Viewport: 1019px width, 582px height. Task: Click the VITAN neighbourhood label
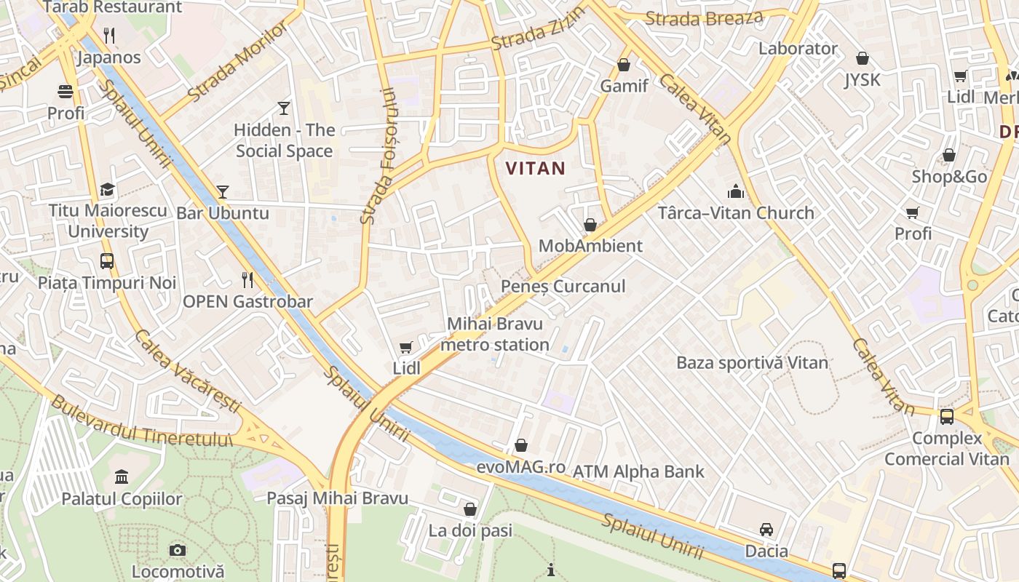535,169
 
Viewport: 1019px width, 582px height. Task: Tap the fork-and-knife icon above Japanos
110,34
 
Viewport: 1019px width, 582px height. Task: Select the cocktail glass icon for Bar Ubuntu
223,192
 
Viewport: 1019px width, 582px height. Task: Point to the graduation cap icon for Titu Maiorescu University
108,189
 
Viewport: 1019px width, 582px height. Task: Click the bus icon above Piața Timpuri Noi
107,260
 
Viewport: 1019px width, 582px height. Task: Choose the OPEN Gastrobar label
247,301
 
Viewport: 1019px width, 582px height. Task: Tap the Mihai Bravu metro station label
495,334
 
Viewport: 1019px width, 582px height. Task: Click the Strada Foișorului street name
379,156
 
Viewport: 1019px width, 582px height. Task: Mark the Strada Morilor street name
227,63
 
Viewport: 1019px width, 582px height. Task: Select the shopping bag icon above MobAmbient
590,225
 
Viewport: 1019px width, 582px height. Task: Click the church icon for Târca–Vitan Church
736,191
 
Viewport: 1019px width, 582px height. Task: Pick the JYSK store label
863,79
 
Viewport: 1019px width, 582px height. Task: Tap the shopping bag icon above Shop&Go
949,155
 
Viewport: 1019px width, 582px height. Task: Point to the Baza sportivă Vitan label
752,362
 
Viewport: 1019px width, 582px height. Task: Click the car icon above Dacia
766,529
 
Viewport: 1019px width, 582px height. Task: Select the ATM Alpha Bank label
638,471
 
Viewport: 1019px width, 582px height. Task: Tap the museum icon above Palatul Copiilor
122,477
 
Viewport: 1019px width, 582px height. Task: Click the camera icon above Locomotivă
178,550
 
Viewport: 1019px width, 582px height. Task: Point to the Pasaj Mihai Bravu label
337,498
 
